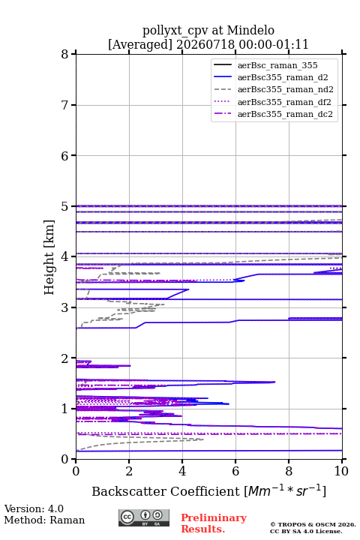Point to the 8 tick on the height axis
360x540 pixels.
coord(65,54)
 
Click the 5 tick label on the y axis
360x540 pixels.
coord(65,206)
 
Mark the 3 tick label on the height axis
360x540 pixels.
coord(65,307)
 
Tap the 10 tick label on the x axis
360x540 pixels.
coord(341,471)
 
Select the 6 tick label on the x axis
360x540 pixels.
coord(235,471)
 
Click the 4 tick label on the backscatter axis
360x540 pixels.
coord(182,471)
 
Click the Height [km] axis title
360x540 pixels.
coord(49,257)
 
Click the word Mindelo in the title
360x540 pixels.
coord(250,30)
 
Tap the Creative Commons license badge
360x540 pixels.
coord(144,517)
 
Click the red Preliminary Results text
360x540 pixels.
coord(214,523)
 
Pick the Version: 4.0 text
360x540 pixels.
coord(34,508)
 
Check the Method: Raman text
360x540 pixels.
coord(44,520)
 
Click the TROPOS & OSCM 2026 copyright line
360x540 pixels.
coord(313,524)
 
